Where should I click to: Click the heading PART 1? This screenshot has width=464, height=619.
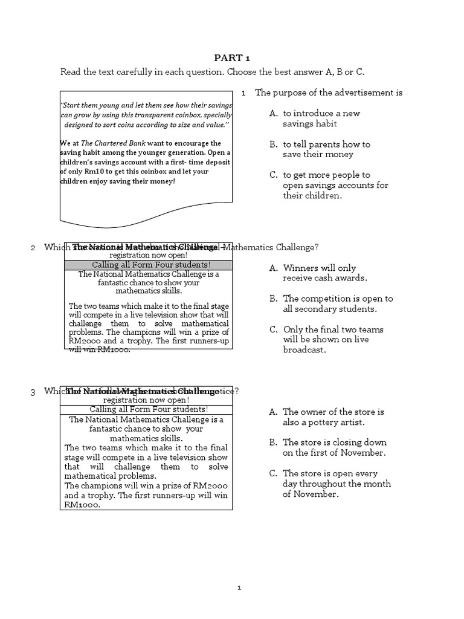point(232,58)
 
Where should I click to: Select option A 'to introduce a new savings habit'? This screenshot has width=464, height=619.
point(314,118)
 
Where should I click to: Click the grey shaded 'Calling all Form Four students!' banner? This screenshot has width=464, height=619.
point(147,265)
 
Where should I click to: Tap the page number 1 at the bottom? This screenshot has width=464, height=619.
point(239,587)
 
